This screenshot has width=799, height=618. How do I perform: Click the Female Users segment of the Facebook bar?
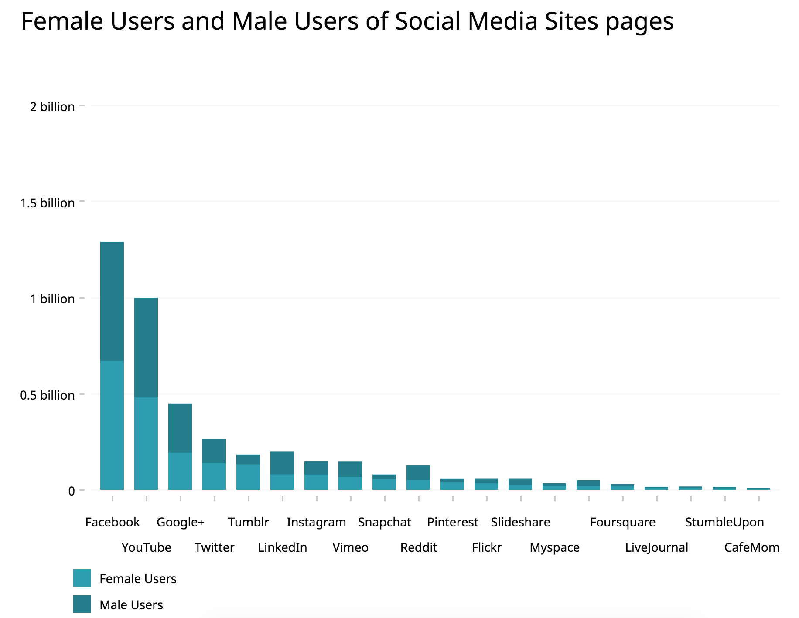pyautogui.click(x=112, y=425)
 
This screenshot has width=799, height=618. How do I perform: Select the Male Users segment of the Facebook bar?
pyautogui.click(x=112, y=301)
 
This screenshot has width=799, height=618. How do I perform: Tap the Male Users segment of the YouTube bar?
pyautogui.click(x=146, y=347)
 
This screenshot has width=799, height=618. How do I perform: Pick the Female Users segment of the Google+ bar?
pyautogui.click(x=180, y=471)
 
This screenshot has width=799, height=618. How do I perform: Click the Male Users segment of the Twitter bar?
pyautogui.click(x=214, y=451)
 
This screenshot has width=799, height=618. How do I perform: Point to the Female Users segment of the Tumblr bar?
pyautogui.click(x=248, y=477)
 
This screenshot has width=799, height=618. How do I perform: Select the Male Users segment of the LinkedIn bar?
pyautogui.click(x=282, y=462)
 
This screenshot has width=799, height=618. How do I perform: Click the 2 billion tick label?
pyautogui.click(x=52, y=107)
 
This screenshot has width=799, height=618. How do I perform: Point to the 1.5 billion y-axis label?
pyautogui.click(x=48, y=203)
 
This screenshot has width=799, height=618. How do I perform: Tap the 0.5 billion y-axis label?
pyautogui.click(x=48, y=395)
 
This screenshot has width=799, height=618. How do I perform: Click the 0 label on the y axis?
pyautogui.click(x=72, y=491)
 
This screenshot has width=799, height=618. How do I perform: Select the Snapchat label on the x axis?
pyautogui.click(x=384, y=522)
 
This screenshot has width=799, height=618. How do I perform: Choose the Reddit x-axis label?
pyautogui.click(x=418, y=547)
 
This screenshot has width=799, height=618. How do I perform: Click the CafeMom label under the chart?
pyautogui.click(x=751, y=547)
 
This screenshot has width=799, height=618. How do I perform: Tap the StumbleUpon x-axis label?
pyautogui.click(x=724, y=522)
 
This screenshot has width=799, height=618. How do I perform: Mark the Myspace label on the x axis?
pyautogui.click(x=554, y=547)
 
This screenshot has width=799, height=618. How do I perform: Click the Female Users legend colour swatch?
pyautogui.click(x=82, y=578)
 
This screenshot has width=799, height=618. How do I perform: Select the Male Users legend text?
pyautogui.click(x=131, y=605)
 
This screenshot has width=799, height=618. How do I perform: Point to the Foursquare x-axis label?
pyautogui.click(x=622, y=522)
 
